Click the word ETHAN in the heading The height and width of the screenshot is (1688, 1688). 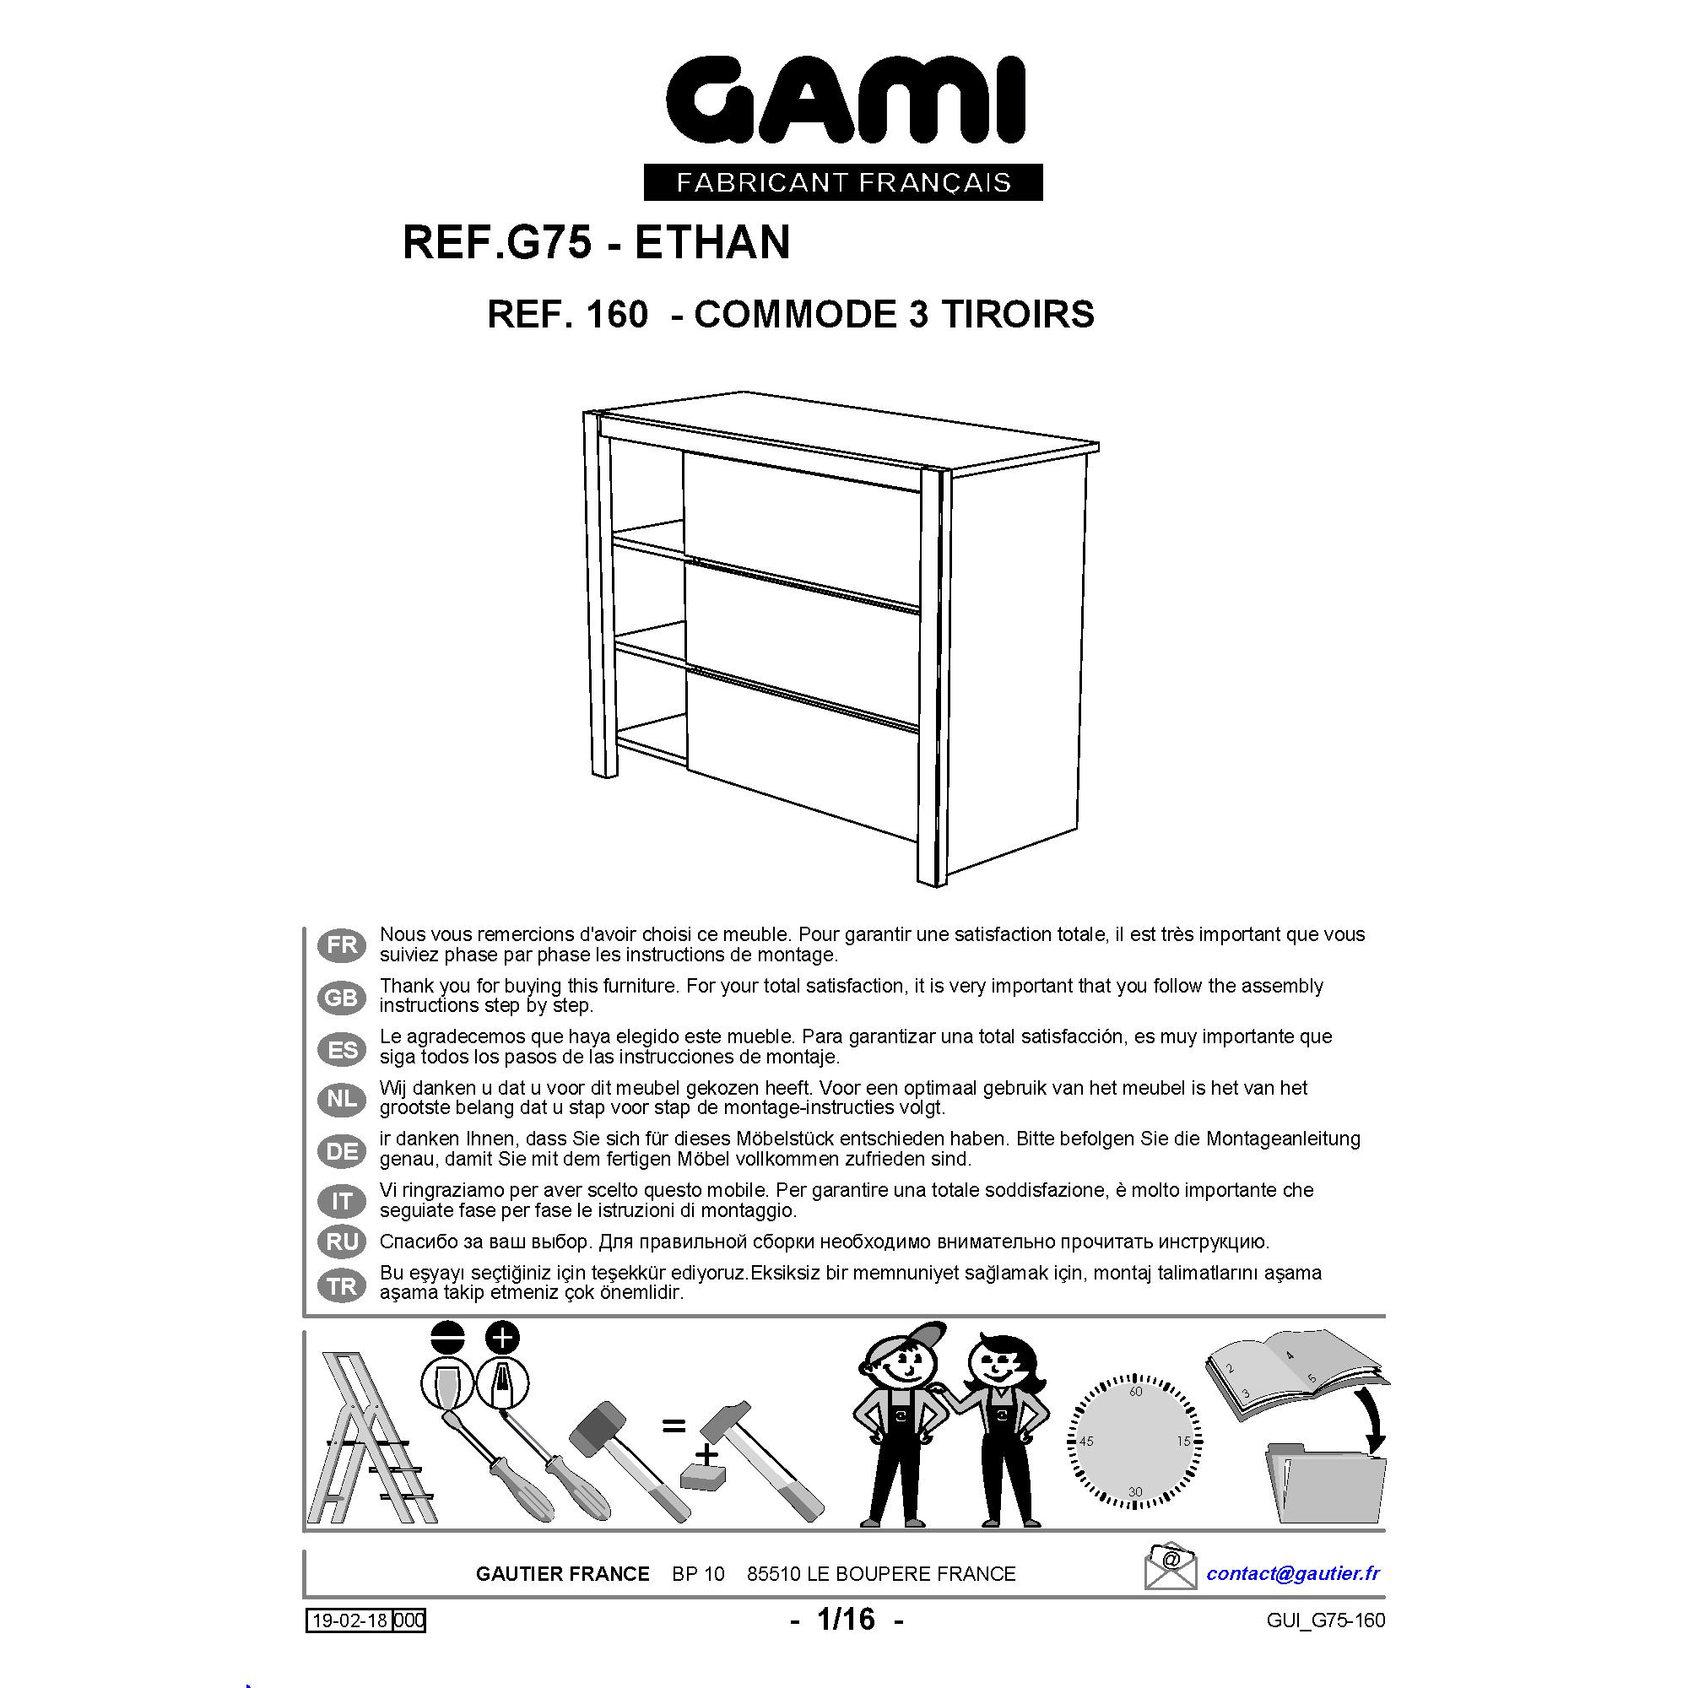point(712,242)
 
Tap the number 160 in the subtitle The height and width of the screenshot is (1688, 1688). point(617,315)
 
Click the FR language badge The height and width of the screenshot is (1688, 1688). point(342,945)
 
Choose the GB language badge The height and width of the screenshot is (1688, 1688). point(342,997)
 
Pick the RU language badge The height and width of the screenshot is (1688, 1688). point(342,1242)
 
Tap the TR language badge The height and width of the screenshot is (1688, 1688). point(342,1286)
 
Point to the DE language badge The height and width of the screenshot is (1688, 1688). point(342,1151)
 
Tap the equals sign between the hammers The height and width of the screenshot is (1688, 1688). point(673,1426)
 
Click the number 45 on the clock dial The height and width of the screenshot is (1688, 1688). point(1086,1442)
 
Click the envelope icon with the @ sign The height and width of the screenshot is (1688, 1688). point(1171,1566)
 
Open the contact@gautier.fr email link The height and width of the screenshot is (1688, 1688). point(1293,1573)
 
